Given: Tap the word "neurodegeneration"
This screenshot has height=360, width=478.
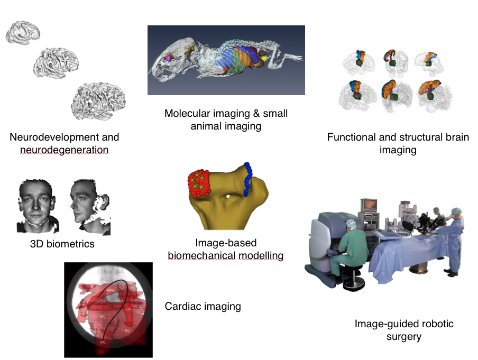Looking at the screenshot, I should [64, 150].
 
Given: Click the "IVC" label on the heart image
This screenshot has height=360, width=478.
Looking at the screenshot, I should [103, 343].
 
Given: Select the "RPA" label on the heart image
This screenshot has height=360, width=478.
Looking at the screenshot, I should [111, 291].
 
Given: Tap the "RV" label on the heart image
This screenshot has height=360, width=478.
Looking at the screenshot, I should [127, 330].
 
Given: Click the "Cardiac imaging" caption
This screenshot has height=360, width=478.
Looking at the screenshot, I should [203, 306].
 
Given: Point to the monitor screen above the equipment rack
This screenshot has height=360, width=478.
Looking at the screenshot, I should [368, 204].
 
